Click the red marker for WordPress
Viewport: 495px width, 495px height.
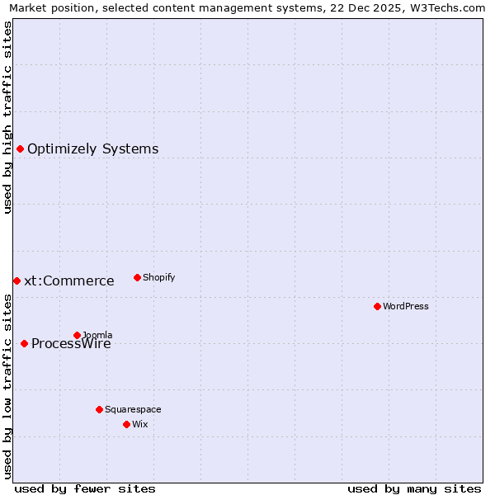[x=377, y=306]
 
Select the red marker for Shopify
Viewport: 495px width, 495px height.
[x=137, y=277]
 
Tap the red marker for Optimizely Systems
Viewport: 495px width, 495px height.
[x=20, y=148]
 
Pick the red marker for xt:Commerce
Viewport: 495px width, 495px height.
[x=16, y=280]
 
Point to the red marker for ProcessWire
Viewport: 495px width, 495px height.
[x=24, y=343]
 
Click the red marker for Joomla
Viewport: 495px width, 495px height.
[x=77, y=335]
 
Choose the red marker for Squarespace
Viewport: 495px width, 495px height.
[x=99, y=409]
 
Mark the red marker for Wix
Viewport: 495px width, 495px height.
[x=126, y=424]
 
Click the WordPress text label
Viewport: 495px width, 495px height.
[x=406, y=306]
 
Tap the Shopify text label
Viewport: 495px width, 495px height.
[x=159, y=277]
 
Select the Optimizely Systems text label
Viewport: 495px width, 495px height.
[x=93, y=148]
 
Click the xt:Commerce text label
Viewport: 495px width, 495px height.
[x=69, y=280]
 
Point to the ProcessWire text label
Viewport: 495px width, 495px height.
[x=71, y=344]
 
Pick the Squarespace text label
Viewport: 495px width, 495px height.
[x=133, y=409]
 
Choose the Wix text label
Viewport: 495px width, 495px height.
[x=140, y=424]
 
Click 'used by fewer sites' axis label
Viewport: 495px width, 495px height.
[x=85, y=488]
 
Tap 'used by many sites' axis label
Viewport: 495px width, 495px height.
[x=414, y=488]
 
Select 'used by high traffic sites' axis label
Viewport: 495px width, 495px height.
[x=7, y=117]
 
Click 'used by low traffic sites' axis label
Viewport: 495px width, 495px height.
[x=7, y=386]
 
